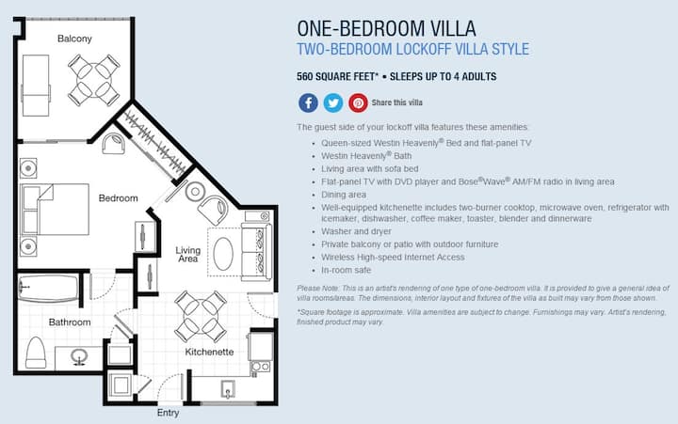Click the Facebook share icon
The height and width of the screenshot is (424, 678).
tap(308, 103)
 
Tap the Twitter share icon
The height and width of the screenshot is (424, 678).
tap(333, 103)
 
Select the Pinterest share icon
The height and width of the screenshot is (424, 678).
tap(359, 103)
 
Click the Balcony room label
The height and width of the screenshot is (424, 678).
tap(74, 39)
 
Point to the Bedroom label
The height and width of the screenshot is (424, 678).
tap(118, 198)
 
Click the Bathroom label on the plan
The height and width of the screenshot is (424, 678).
tap(70, 322)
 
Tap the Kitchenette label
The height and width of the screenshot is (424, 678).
tap(209, 352)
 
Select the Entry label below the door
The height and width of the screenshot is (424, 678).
tap(168, 413)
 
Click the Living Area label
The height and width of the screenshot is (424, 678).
tap(188, 255)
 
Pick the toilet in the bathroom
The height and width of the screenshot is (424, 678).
tap(36, 353)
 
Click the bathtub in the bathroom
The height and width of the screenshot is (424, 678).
tap(48, 289)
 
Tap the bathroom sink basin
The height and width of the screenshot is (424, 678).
tap(79, 357)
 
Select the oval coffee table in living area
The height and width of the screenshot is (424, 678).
tap(223, 254)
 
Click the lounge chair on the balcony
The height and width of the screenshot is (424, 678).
tap(36, 86)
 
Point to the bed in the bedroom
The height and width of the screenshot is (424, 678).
tap(54, 210)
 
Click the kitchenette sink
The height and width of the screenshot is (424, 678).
tap(228, 389)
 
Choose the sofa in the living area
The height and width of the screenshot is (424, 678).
tap(256, 252)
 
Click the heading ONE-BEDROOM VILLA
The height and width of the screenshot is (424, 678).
tap(387, 28)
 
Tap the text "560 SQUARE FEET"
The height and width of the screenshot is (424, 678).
tap(338, 77)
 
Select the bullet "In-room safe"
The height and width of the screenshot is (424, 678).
tap(346, 271)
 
